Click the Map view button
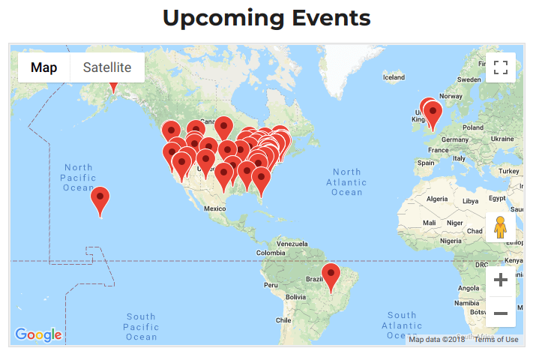click(43, 67)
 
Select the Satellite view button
click(107, 67)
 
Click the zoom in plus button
click(501, 280)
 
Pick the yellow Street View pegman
click(501, 226)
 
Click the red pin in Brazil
click(331, 275)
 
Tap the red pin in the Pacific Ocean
click(100, 200)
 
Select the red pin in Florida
click(261, 180)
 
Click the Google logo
click(38, 334)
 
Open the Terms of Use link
click(496, 340)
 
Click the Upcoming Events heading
click(267, 18)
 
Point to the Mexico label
click(215, 208)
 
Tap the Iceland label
click(394, 77)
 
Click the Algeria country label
click(436, 199)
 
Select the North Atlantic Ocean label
click(346, 182)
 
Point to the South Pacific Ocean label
click(141, 327)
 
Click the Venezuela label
click(293, 244)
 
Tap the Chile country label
click(283, 319)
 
